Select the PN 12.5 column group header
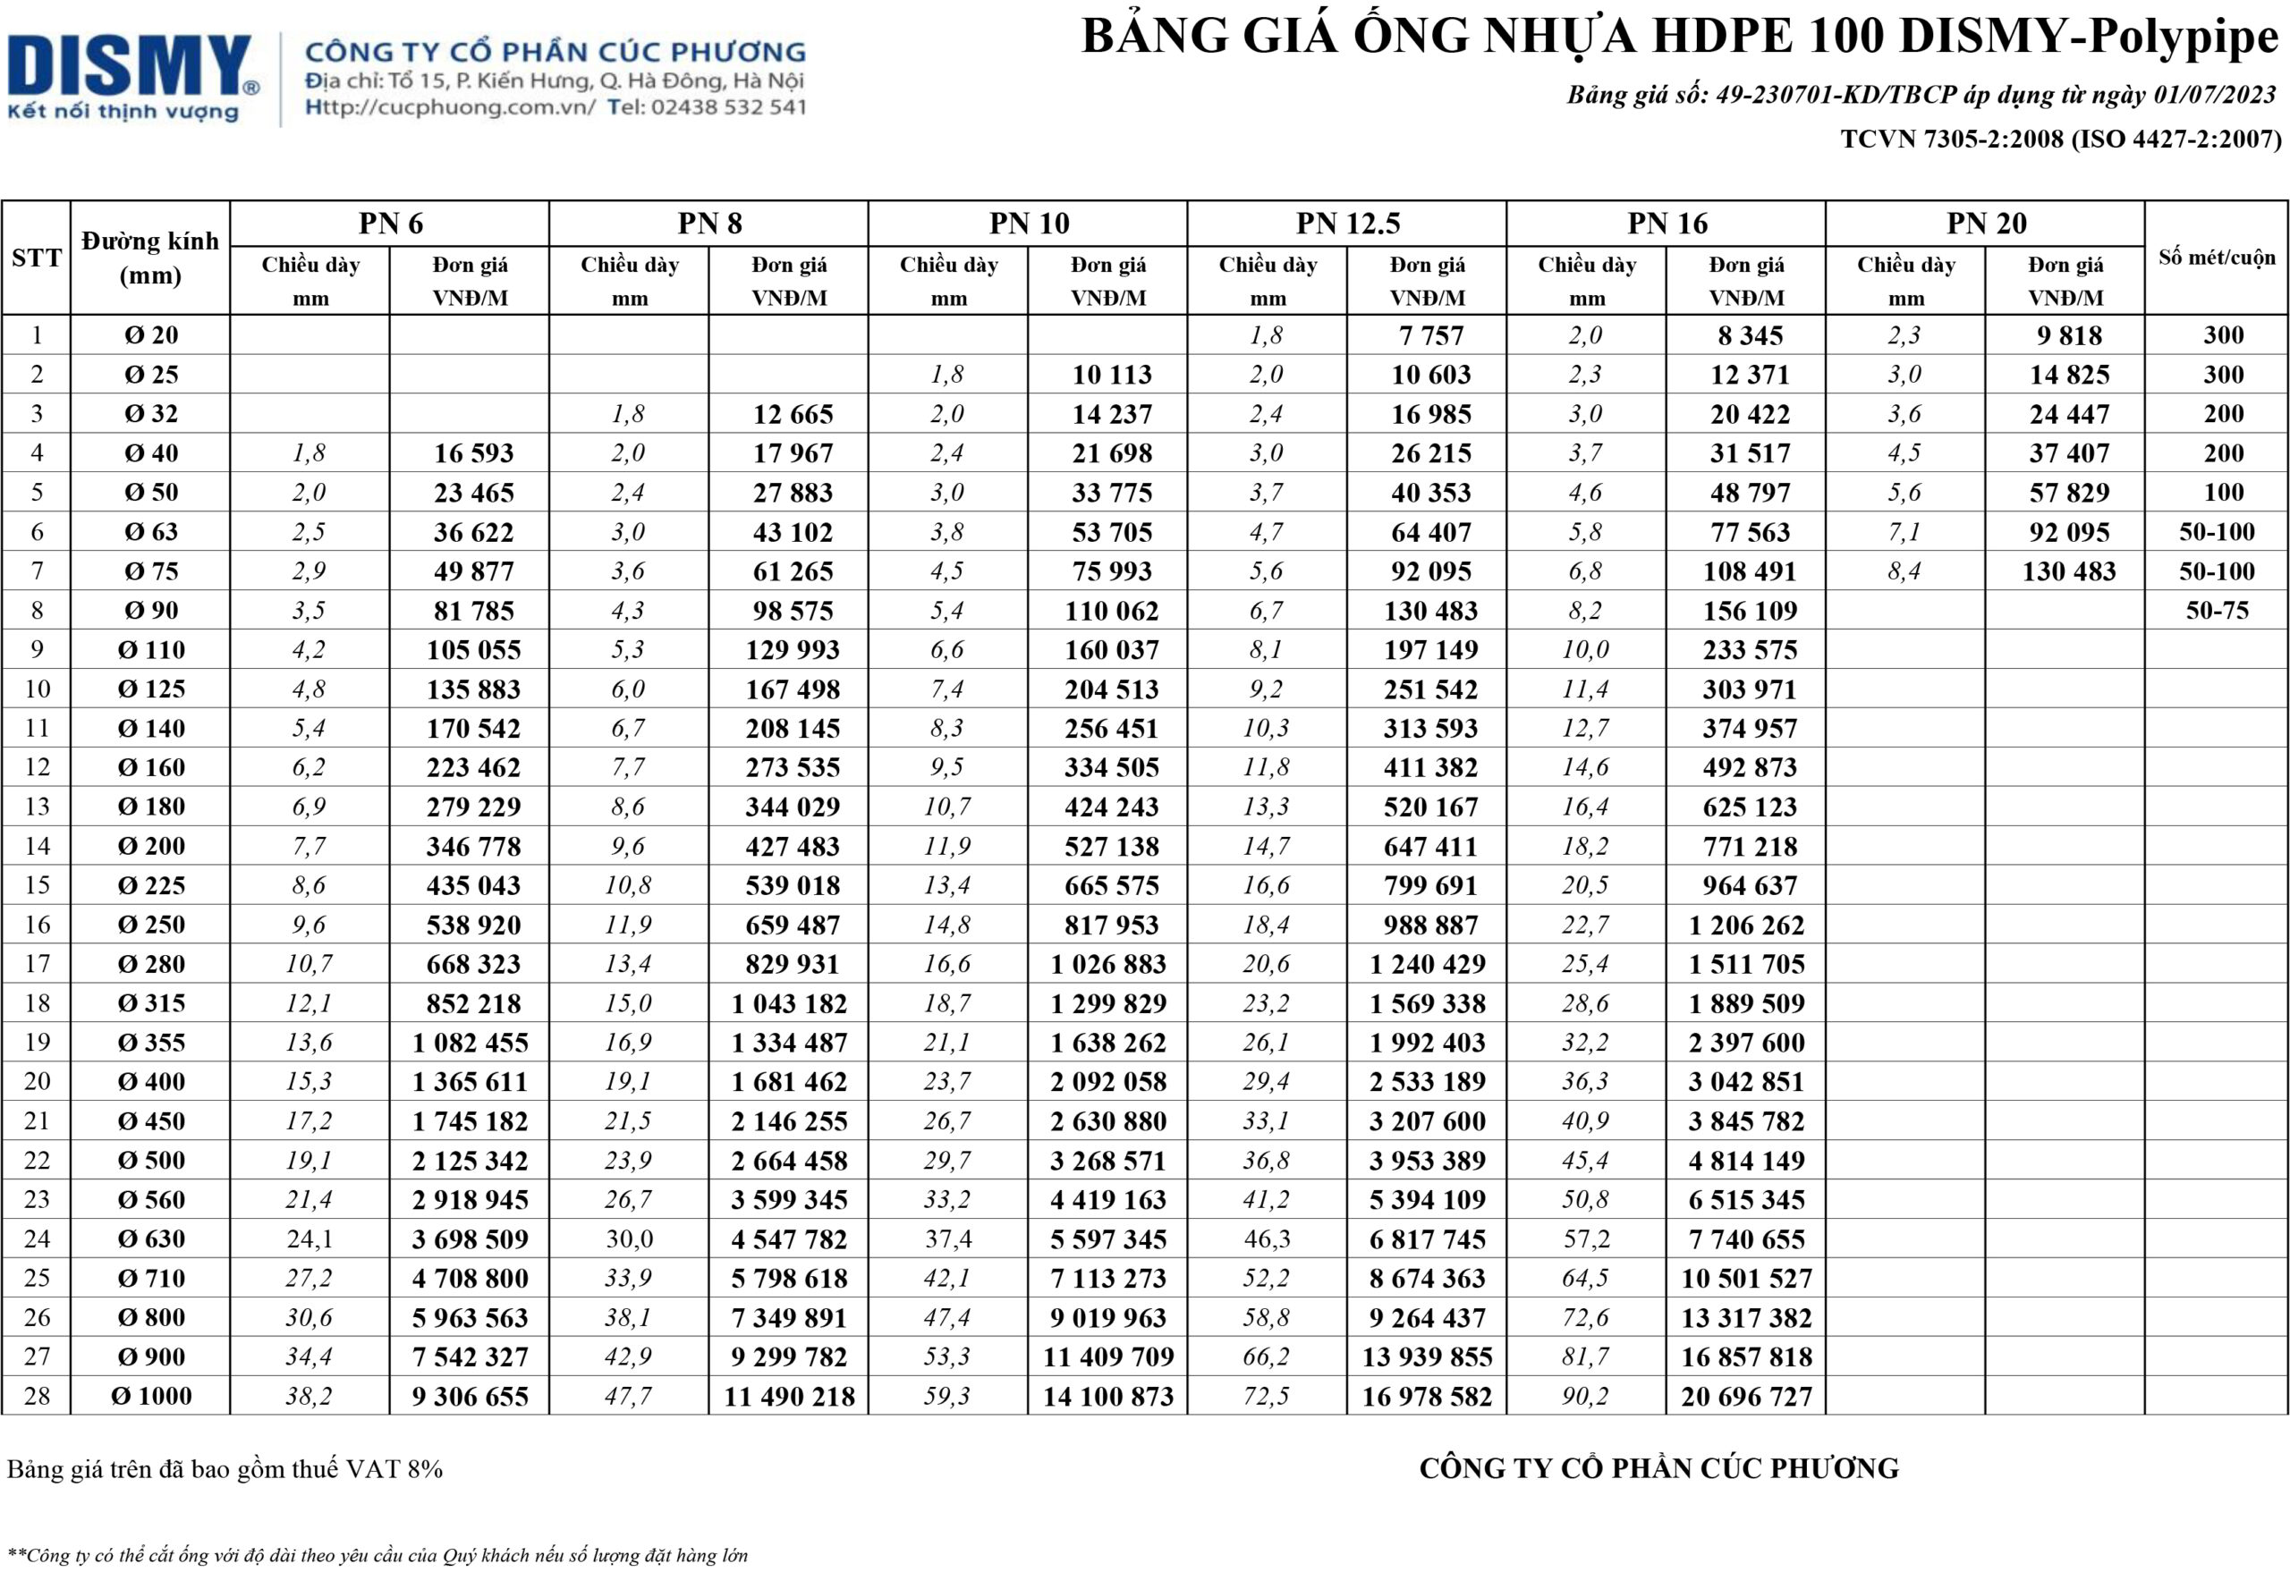coord(1347,224)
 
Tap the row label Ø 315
coord(151,1003)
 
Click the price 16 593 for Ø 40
coord(473,453)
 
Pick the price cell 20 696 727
coord(1746,1397)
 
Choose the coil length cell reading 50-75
coord(2216,611)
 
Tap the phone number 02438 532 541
coord(728,107)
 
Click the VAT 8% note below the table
coord(225,1469)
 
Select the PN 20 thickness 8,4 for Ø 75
coord(1904,571)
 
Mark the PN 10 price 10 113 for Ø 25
coord(1112,376)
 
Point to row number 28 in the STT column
coord(37,1397)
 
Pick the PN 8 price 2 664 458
coord(788,1162)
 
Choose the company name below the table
coord(1658,1468)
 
